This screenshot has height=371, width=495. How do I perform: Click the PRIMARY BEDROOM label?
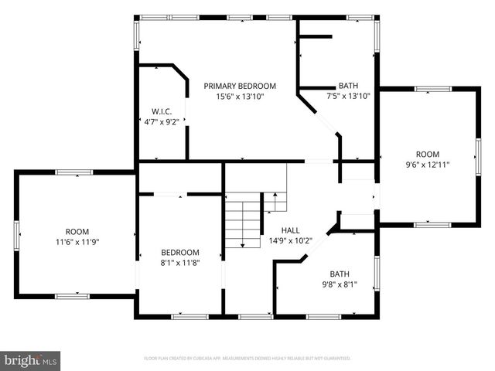(x=240, y=86)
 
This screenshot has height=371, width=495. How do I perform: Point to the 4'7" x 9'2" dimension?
(x=162, y=121)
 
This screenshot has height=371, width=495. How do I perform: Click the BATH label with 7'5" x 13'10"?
(x=348, y=86)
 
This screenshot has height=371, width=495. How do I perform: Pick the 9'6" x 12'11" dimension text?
(x=428, y=164)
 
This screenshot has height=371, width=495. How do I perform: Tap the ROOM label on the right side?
(x=428, y=154)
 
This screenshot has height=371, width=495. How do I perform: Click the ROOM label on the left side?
(x=77, y=232)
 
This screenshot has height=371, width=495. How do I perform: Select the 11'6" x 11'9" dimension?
(x=77, y=242)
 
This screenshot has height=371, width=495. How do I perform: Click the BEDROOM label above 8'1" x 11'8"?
(x=180, y=252)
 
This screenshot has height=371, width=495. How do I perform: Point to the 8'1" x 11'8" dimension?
(x=180, y=262)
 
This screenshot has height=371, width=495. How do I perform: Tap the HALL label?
(x=290, y=230)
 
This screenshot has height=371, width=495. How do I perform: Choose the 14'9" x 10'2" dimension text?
(x=290, y=240)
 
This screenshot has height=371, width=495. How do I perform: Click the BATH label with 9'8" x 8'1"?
(x=340, y=274)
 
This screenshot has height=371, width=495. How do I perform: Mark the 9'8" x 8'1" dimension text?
(x=340, y=284)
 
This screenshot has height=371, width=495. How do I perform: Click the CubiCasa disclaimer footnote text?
(x=247, y=359)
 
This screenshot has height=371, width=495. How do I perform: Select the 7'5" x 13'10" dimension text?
(x=348, y=96)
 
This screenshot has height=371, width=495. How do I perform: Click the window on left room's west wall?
(x=17, y=233)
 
